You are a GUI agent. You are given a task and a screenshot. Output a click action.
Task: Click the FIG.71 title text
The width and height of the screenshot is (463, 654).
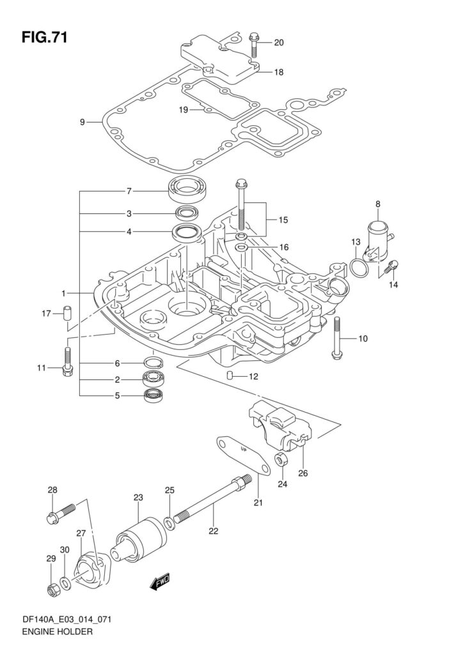[44, 38]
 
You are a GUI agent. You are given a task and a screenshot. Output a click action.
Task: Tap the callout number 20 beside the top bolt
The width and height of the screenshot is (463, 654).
[278, 43]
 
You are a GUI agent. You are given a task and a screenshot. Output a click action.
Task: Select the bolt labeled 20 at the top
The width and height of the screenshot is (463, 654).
[253, 45]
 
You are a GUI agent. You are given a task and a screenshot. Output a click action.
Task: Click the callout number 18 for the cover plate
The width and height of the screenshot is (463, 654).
[278, 72]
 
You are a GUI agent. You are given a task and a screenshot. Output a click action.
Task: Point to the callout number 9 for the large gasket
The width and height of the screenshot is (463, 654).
[82, 122]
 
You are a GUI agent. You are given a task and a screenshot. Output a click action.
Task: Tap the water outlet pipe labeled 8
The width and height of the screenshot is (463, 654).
[379, 243]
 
